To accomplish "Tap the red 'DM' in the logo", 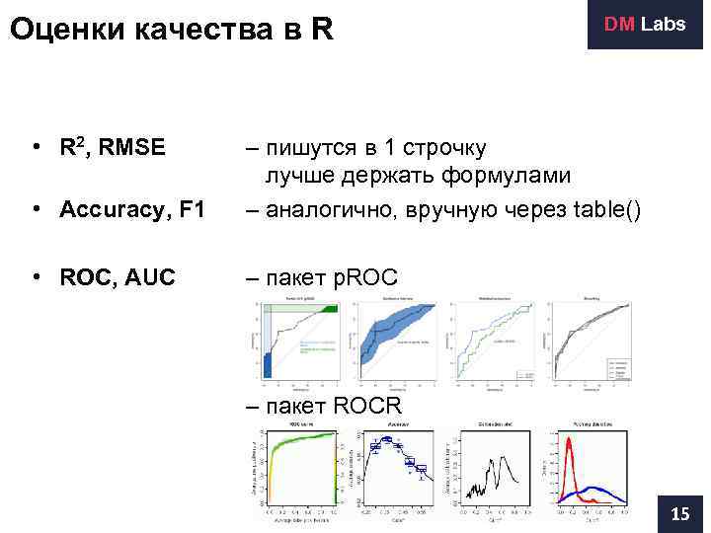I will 620,25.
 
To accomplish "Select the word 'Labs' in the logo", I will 663,25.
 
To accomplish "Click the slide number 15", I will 680,513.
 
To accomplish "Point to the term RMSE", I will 130,149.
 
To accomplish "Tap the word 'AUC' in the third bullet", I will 149,277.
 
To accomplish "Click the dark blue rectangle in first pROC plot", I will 268,365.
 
